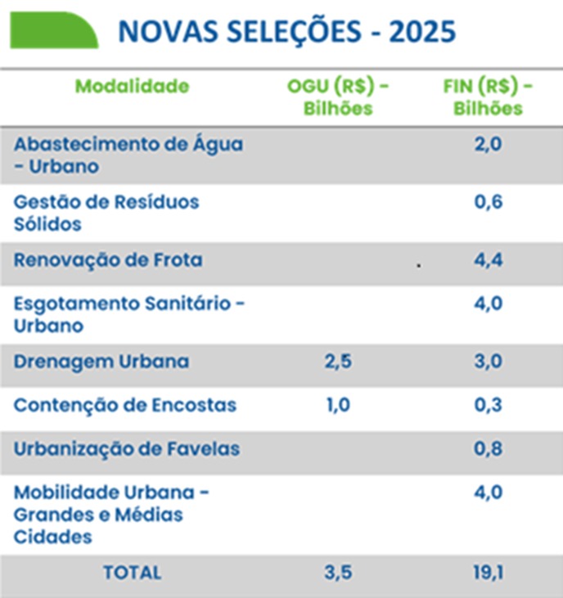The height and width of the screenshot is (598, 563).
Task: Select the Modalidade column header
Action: point(132,87)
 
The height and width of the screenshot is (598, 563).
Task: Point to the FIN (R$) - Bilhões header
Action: point(487,97)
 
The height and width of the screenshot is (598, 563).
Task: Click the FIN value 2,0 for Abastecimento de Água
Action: point(487,145)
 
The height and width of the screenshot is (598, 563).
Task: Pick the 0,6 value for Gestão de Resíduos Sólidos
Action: point(487,202)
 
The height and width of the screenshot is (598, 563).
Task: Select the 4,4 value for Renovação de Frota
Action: point(487,261)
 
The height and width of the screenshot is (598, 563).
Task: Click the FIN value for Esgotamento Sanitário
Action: point(487,304)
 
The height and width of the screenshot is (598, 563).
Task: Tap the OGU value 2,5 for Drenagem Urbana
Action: point(337,362)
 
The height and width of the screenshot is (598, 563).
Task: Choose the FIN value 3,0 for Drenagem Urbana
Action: point(487,362)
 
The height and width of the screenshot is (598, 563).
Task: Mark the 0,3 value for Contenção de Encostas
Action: point(487,405)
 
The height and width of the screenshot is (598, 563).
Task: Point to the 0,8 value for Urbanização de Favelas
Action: point(487,449)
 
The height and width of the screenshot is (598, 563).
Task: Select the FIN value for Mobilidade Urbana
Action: point(487,493)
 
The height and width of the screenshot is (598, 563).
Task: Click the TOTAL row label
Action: point(132,573)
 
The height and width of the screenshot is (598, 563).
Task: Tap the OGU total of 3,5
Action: point(337,573)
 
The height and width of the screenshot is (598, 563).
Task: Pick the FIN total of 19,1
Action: point(487,573)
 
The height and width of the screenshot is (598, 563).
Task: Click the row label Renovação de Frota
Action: point(108,261)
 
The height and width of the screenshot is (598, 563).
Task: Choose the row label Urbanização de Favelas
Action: point(127,449)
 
